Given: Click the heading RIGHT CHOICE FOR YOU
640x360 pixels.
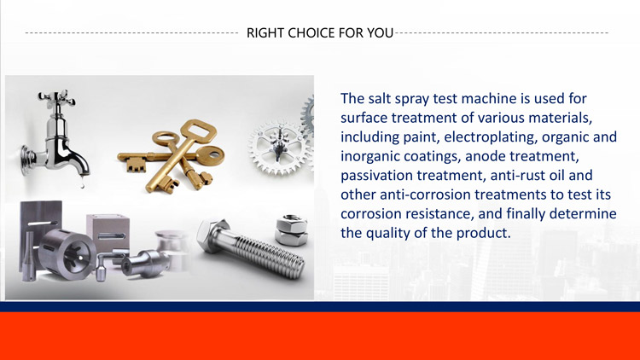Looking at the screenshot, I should click(319, 33).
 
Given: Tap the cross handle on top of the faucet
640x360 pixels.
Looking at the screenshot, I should click(53, 100).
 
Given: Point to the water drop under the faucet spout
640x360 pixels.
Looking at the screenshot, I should click(83, 184).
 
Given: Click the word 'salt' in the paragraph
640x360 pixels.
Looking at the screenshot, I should click(383, 99).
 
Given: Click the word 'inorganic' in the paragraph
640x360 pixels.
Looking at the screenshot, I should click(373, 156).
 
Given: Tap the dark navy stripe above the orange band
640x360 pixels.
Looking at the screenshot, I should click(319, 306).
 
